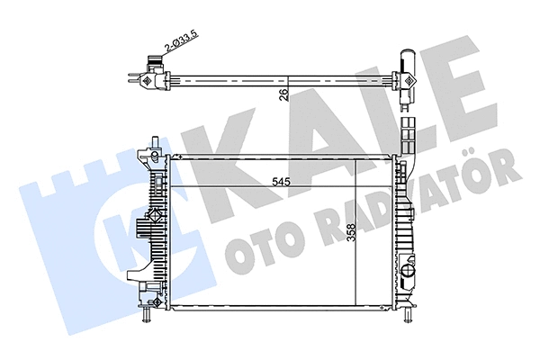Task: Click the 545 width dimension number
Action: [282, 180]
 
